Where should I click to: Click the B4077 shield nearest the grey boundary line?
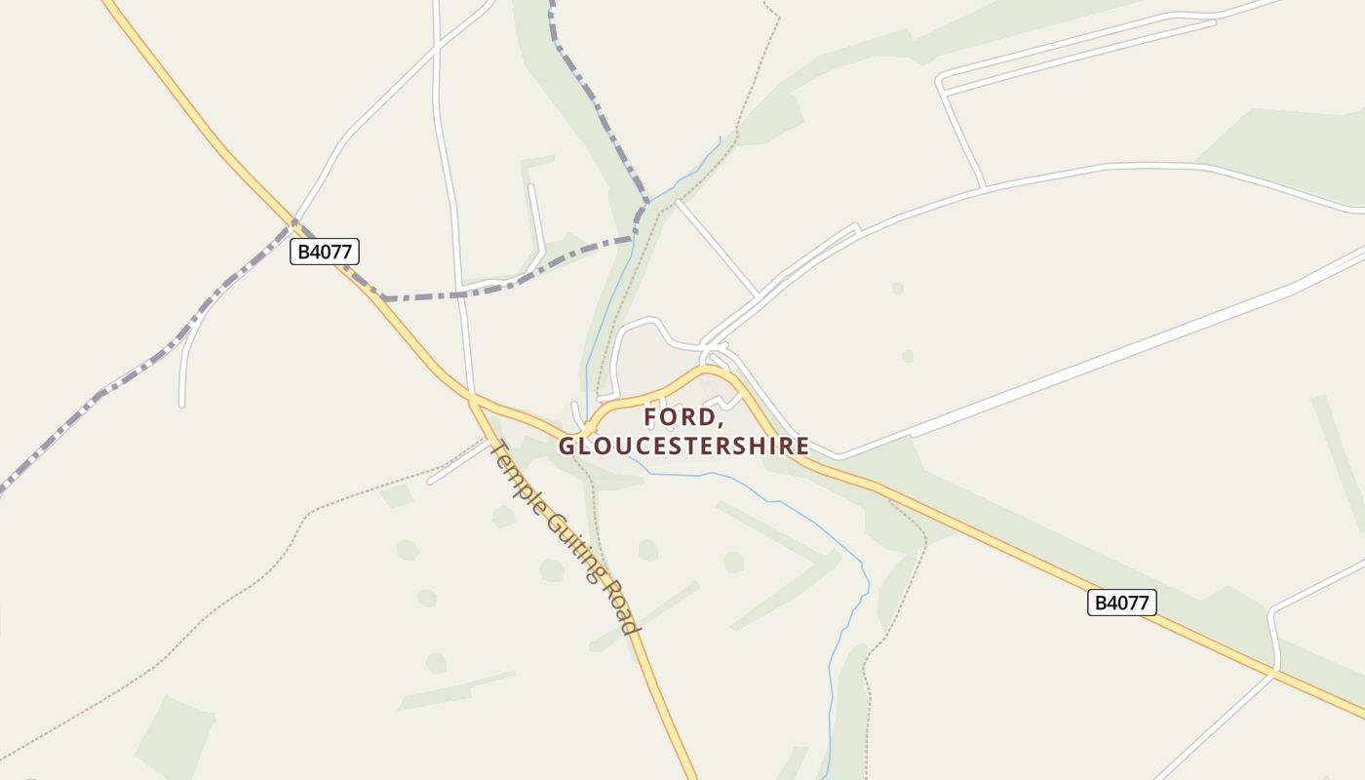coord(325,252)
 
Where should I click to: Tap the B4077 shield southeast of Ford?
coord(1121,603)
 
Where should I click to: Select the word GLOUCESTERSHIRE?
coord(683,446)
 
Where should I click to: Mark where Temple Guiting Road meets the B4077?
coord(472,399)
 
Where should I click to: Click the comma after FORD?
coord(721,422)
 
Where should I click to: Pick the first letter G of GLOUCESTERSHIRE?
coord(566,446)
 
